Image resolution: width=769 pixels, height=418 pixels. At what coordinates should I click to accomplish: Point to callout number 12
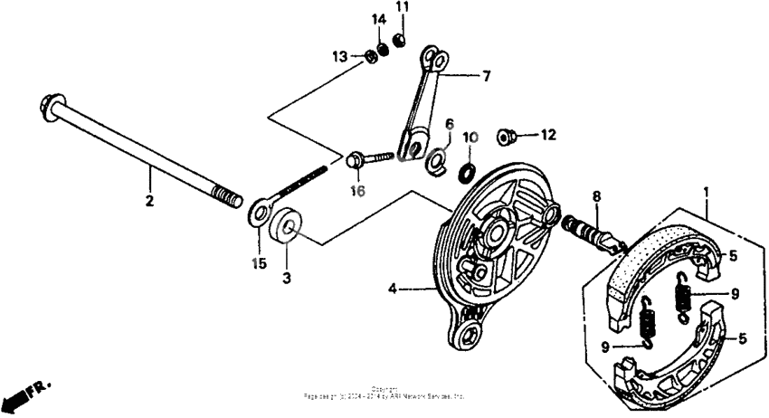547,136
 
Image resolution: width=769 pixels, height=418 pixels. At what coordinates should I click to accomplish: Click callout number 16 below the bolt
359,191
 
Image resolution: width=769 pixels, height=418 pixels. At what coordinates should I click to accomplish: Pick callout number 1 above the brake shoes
707,192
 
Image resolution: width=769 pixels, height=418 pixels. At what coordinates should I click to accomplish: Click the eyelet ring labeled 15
260,213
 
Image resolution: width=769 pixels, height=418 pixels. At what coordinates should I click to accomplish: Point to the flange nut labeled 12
508,137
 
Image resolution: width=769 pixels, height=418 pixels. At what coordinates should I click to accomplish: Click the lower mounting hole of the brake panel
470,335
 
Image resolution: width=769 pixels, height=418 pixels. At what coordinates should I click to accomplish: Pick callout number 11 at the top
402,8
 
